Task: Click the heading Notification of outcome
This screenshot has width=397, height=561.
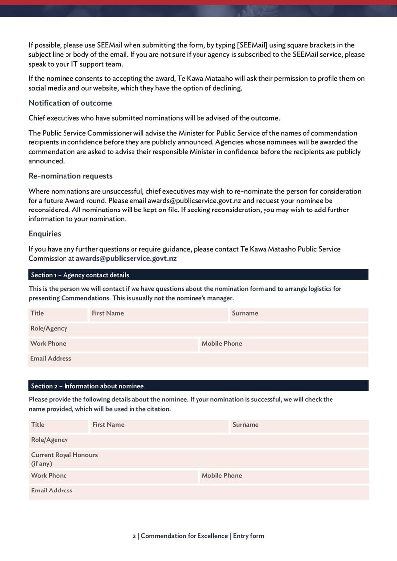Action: point(70,103)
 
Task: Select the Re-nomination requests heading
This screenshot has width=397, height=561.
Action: point(70,176)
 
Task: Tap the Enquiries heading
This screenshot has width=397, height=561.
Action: point(45,234)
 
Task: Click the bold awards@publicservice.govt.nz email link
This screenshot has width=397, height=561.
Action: point(126,258)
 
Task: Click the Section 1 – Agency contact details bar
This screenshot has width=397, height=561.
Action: point(198,275)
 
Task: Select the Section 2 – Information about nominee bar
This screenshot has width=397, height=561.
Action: point(198,386)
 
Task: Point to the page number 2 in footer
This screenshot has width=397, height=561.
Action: point(134,536)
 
